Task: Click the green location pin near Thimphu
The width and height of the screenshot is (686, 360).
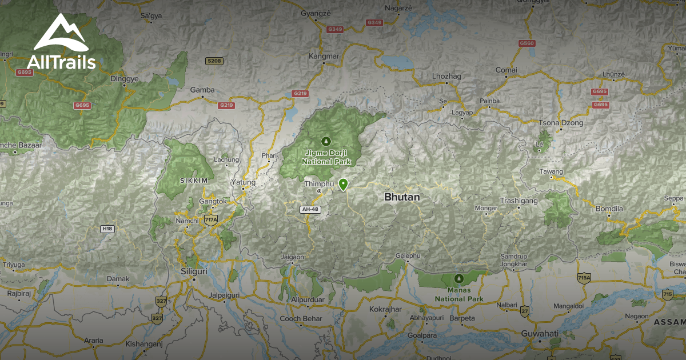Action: (x=343, y=184)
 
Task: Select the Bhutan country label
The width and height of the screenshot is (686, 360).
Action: (x=402, y=197)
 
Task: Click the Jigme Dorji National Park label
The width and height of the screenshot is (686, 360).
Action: (x=326, y=158)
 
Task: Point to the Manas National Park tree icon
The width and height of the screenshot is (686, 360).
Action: (x=458, y=278)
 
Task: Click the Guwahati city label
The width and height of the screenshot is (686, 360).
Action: (x=540, y=333)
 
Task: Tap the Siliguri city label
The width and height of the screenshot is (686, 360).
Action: (x=192, y=271)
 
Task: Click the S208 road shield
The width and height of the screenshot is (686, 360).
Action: (x=214, y=61)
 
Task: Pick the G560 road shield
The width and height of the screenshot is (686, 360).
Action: (x=527, y=43)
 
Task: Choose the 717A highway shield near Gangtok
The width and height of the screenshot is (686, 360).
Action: (x=211, y=219)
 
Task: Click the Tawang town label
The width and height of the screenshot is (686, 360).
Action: (x=551, y=171)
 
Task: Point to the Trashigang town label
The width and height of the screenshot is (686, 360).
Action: (x=519, y=201)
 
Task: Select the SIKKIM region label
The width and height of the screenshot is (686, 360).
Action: (x=194, y=180)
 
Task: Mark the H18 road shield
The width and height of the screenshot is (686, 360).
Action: (x=107, y=229)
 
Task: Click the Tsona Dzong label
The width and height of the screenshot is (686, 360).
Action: (x=561, y=123)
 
